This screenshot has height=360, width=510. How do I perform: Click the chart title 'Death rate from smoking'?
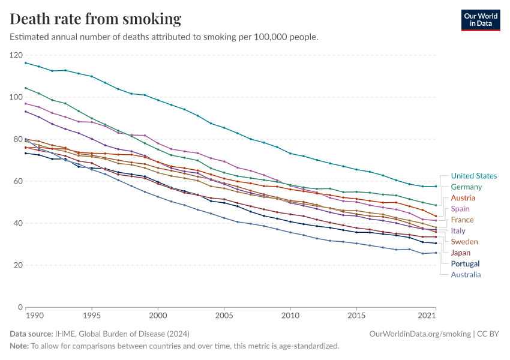point(95,19)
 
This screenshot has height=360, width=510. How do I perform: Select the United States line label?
point(473,176)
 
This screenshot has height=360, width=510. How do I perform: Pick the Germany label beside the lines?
point(466,187)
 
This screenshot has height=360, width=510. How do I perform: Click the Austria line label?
point(463,198)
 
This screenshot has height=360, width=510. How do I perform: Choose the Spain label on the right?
point(461,209)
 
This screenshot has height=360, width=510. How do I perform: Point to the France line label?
point(462,220)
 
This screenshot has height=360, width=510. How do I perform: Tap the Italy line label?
point(458,231)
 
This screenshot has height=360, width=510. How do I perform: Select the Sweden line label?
point(464,242)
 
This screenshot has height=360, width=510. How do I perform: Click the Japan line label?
point(461,253)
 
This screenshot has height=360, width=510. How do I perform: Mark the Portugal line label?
point(465,263)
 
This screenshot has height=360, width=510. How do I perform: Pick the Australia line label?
point(466,275)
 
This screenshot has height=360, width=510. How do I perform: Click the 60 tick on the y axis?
point(18,181)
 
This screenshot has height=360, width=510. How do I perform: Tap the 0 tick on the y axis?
point(20,307)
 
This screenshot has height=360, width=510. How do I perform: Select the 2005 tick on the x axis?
point(224,315)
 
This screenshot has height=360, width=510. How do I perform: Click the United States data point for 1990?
point(26,62)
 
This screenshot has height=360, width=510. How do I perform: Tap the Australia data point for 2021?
point(436,253)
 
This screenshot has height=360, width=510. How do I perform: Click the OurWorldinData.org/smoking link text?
point(420,333)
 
